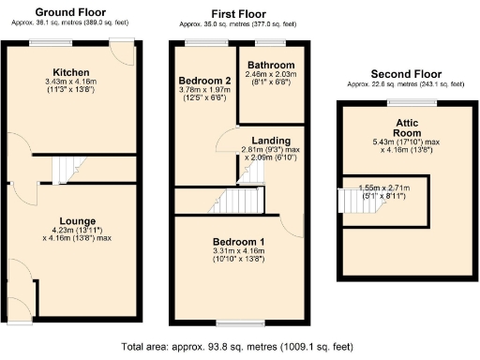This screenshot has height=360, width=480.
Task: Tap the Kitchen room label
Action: (70, 72)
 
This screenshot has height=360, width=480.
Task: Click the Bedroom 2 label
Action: (203, 81)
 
